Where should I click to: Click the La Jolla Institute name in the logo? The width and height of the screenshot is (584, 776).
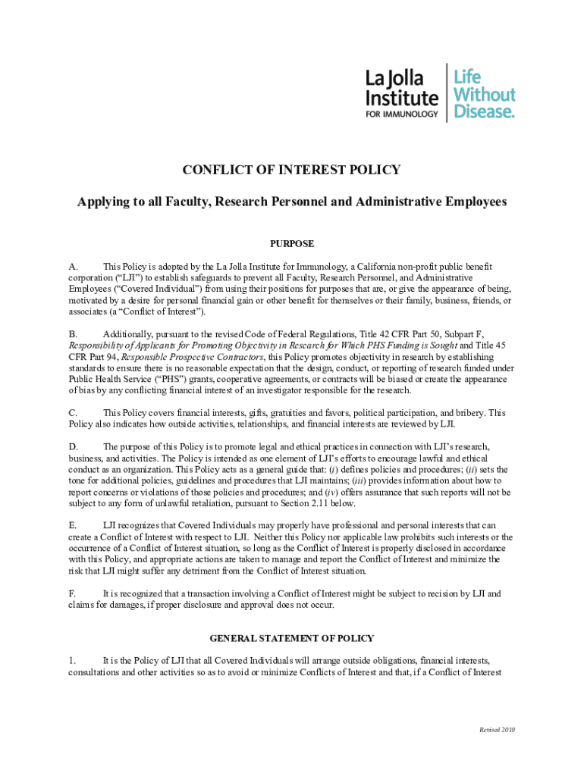(401, 88)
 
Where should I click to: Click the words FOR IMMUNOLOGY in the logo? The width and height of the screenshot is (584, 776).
(402, 114)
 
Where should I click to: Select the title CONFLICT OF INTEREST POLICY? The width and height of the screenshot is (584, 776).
(291, 170)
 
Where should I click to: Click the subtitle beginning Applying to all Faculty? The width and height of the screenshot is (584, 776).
(291, 202)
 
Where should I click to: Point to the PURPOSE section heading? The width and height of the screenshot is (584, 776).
(292, 244)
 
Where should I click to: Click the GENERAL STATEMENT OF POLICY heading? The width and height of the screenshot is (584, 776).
(292, 639)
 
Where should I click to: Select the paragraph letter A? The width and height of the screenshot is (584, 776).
(73, 267)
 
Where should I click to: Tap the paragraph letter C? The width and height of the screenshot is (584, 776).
(73, 413)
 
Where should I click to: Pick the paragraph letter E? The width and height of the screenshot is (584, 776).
(73, 525)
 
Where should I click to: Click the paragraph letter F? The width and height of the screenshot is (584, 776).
(72, 593)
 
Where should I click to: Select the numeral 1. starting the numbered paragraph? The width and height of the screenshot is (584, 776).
(72, 660)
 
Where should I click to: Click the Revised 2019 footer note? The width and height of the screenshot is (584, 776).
(497, 729)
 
